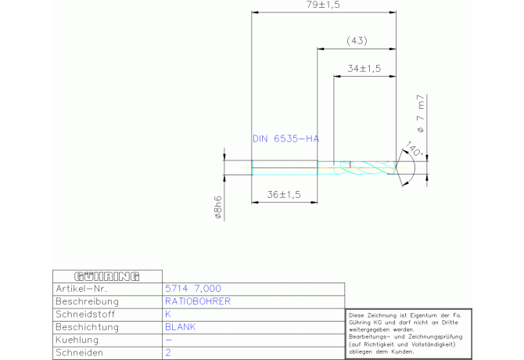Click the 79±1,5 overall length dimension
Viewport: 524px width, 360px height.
pyautogui.click(x=323, y=5)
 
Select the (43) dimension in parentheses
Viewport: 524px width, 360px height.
pyautogui.click(x=357, y=41)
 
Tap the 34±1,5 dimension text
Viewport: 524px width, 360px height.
pyautogui.click(x=364, y=69)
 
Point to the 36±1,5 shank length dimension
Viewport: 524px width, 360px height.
pyautogui.click(x=284, y=195)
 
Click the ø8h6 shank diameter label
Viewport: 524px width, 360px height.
pyautogui.click(x=218, y=207)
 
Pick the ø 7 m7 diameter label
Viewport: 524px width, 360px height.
pyautogui.click(x=421, y=113)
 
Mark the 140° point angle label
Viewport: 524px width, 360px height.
pyautogui.click(x=414, y=149)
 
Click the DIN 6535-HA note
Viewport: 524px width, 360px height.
pyautogui.click(x=285, y=139)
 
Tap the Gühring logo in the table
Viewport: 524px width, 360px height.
pyautogui.click(x=107, y=276)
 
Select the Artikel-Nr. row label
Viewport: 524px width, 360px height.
pyautogui.click(x=81, y=289)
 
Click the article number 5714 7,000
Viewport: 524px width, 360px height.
pyautogui.click(x=193, y=289)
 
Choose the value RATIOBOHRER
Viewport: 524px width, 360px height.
pyautogui.click(x=198, y=301)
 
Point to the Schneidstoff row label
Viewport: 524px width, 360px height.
pyautogui.click(x=85, y=314)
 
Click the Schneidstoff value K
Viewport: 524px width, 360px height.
pyautogui.click(x=168, y=314)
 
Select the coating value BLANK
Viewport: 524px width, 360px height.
pyautogui.click(x=181, y=327)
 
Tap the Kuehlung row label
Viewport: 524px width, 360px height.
pyautogui.click(x=77, y=340)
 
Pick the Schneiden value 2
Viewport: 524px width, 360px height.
pyautogui.click(x=168, y=353)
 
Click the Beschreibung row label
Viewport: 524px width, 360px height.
pyautogui.click(x=88, y=301)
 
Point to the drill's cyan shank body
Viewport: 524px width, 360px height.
pyautogui.click(x=285, y=167)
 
